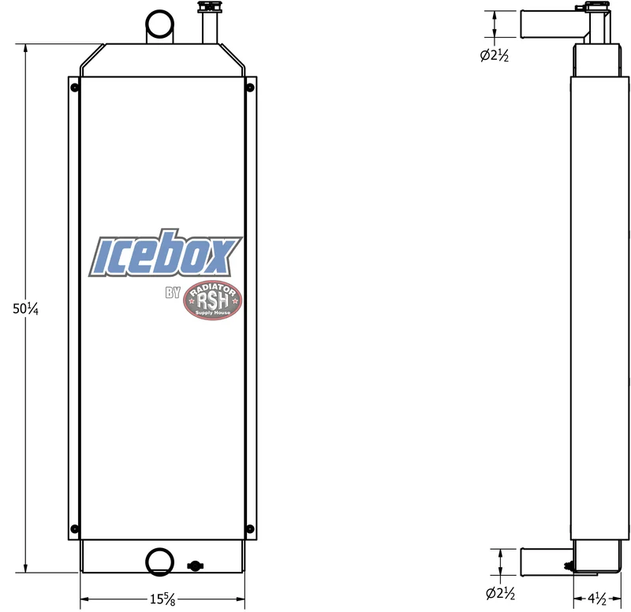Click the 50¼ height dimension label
pos(25,308)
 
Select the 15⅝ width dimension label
pos(162,599)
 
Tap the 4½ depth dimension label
pos(597,599)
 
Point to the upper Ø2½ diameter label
pos(495,55)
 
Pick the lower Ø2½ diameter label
pos(500,593)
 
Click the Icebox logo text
pos(166,253)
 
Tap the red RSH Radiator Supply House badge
pos(212,300)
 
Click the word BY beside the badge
pos(173,293)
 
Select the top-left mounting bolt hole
pos(74,88)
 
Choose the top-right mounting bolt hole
pos(250,88)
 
